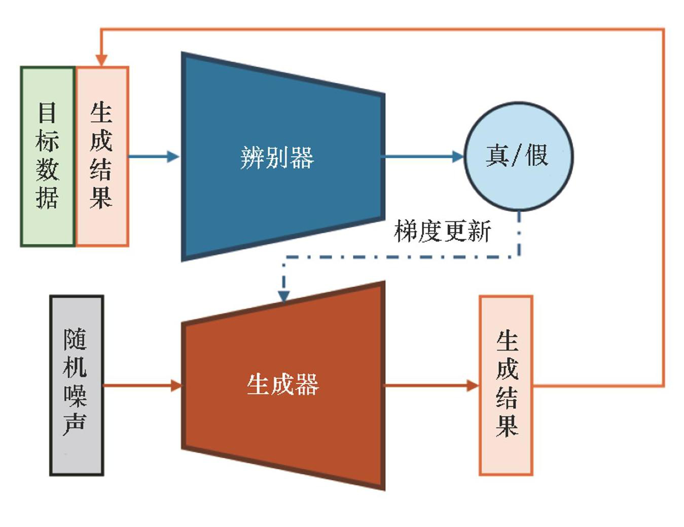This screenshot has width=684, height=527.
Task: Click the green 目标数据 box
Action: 48,156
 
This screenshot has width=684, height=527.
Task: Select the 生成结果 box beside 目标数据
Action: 102,156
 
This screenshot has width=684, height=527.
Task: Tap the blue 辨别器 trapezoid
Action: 282,157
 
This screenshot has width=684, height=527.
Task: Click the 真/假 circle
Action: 518,156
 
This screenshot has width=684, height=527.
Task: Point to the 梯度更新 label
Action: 442,231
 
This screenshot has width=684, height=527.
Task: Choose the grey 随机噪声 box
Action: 77,385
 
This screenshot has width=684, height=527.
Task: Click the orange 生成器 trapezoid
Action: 283,385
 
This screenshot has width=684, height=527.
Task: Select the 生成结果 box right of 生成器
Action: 506,385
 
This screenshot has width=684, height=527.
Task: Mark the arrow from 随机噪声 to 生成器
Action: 142,385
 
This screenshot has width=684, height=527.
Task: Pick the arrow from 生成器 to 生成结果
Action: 431,385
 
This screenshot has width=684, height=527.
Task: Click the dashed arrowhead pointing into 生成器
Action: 284,296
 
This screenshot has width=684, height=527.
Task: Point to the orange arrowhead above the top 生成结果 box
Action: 101,60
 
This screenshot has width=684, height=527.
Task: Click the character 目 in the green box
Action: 47,113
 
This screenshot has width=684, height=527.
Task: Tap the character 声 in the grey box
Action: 75,424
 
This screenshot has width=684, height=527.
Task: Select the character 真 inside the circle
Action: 497,155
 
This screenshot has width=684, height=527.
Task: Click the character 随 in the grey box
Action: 75,339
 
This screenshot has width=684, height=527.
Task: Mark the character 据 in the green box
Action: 47,198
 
